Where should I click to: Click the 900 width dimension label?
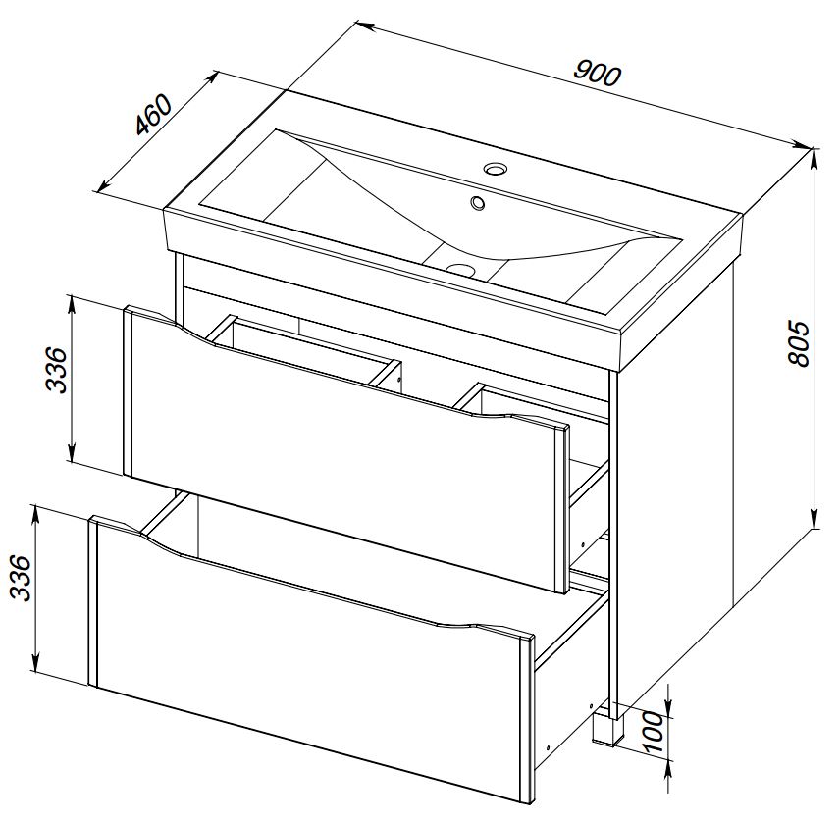(x=598, y=74)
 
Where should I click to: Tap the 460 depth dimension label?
(x=154, y=115)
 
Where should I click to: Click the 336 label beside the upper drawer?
(x=56, y=370)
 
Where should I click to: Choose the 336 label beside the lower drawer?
(x=21, y=578)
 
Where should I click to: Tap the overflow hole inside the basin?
(x=477, y=203)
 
